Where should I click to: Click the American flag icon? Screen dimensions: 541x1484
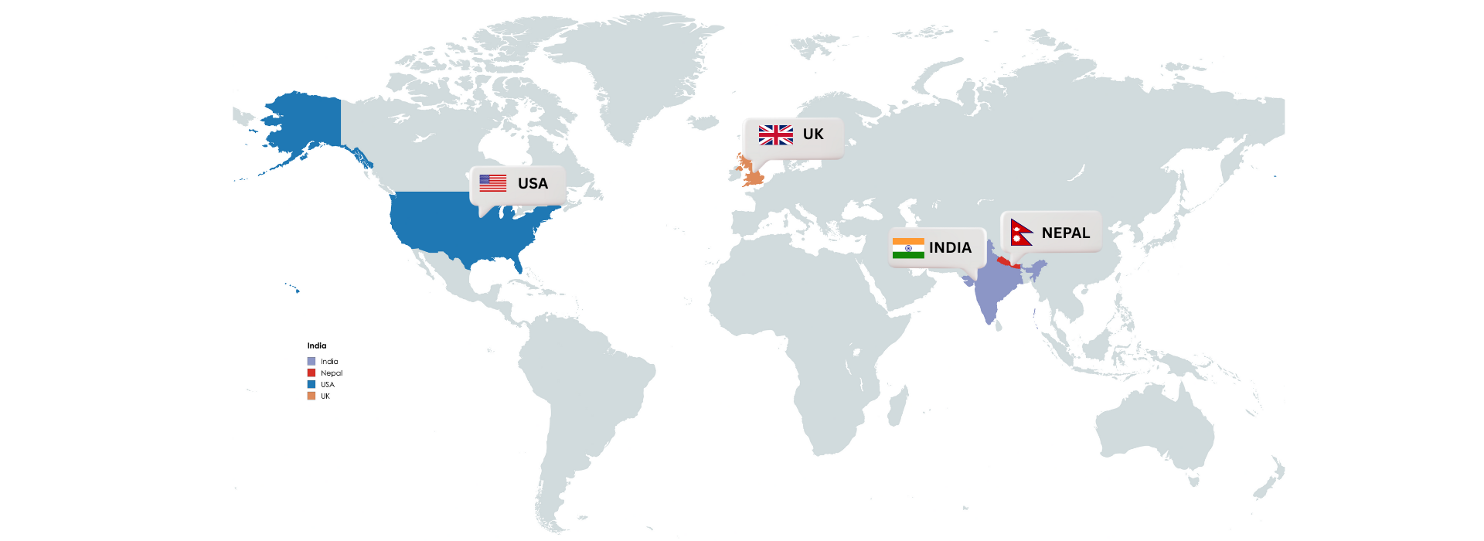pos(492,183)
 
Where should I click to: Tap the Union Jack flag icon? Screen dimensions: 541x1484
pos(775,134)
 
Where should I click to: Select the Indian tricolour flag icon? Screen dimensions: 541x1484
pos(908,248)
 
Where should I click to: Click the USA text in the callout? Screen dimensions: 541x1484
pos(533,184)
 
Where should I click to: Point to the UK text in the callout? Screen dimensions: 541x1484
pos(813,134)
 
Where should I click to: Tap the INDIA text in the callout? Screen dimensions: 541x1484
pos(950,248)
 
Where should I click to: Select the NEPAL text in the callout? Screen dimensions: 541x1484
pos(1065,233)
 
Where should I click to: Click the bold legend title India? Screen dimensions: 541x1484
pos(317,345)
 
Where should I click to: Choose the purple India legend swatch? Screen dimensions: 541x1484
pos(311,362)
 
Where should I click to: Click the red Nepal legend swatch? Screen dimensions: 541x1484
pos(311,373)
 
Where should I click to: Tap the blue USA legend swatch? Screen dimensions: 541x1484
pos(311,384)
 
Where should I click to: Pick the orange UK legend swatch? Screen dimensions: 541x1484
pos(311,396)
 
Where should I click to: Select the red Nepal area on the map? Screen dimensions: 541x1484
pos(1005,262)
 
